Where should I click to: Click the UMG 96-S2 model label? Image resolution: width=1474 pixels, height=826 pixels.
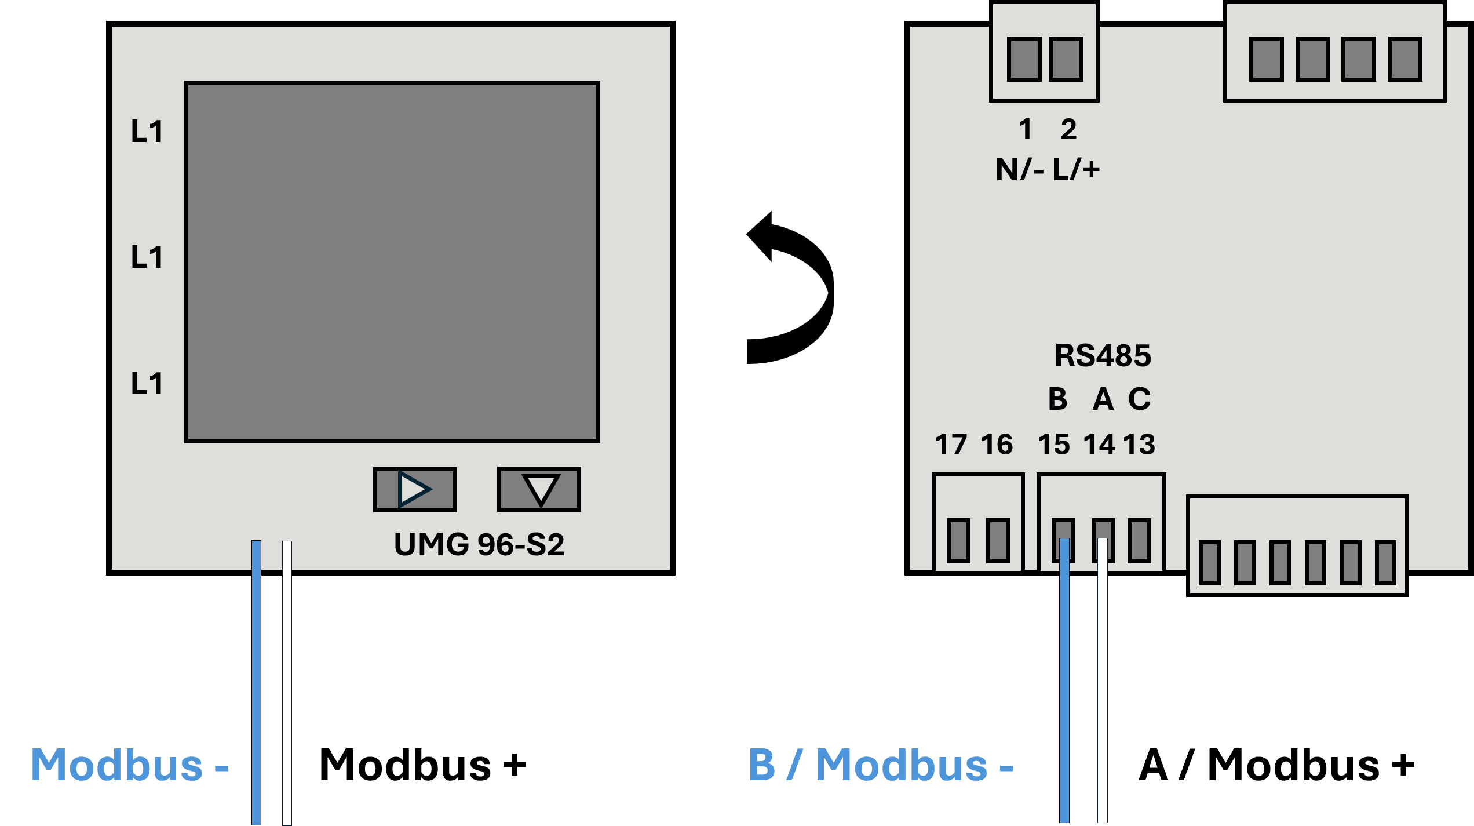tap(479, 544)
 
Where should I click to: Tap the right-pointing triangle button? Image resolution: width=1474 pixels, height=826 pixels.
tap(415, 490)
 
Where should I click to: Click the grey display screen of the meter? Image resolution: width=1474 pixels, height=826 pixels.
tap(392, 262)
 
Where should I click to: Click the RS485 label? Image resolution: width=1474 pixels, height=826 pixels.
tap(1103, 355)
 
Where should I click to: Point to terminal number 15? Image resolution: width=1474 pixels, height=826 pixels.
tap(1053, 445)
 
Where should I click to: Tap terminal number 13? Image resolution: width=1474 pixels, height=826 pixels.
tap(1139, 445)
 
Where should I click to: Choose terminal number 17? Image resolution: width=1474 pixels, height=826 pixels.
tap(951, 445)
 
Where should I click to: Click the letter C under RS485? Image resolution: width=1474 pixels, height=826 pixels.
tap(1139, 399)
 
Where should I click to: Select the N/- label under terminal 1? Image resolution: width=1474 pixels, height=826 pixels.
tap(1020, 169)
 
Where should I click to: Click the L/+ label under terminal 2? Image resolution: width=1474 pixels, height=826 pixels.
tap(1076, 169)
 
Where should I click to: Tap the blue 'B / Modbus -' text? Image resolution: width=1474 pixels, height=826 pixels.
tap(881, 765)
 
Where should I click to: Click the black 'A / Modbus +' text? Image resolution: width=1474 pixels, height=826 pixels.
tap(1277, 765)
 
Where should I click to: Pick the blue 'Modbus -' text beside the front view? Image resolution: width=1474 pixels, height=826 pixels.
tap(130, 765)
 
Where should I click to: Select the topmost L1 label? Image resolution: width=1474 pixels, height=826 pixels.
tap(147, 132)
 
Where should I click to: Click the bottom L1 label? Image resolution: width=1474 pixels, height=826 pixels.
tap(147, 384)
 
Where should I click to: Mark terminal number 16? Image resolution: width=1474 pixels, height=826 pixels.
tap(997, 445)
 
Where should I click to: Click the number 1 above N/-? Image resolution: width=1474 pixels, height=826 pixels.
tap(1025, 129)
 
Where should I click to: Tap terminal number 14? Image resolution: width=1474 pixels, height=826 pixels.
tap(1099, 445)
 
